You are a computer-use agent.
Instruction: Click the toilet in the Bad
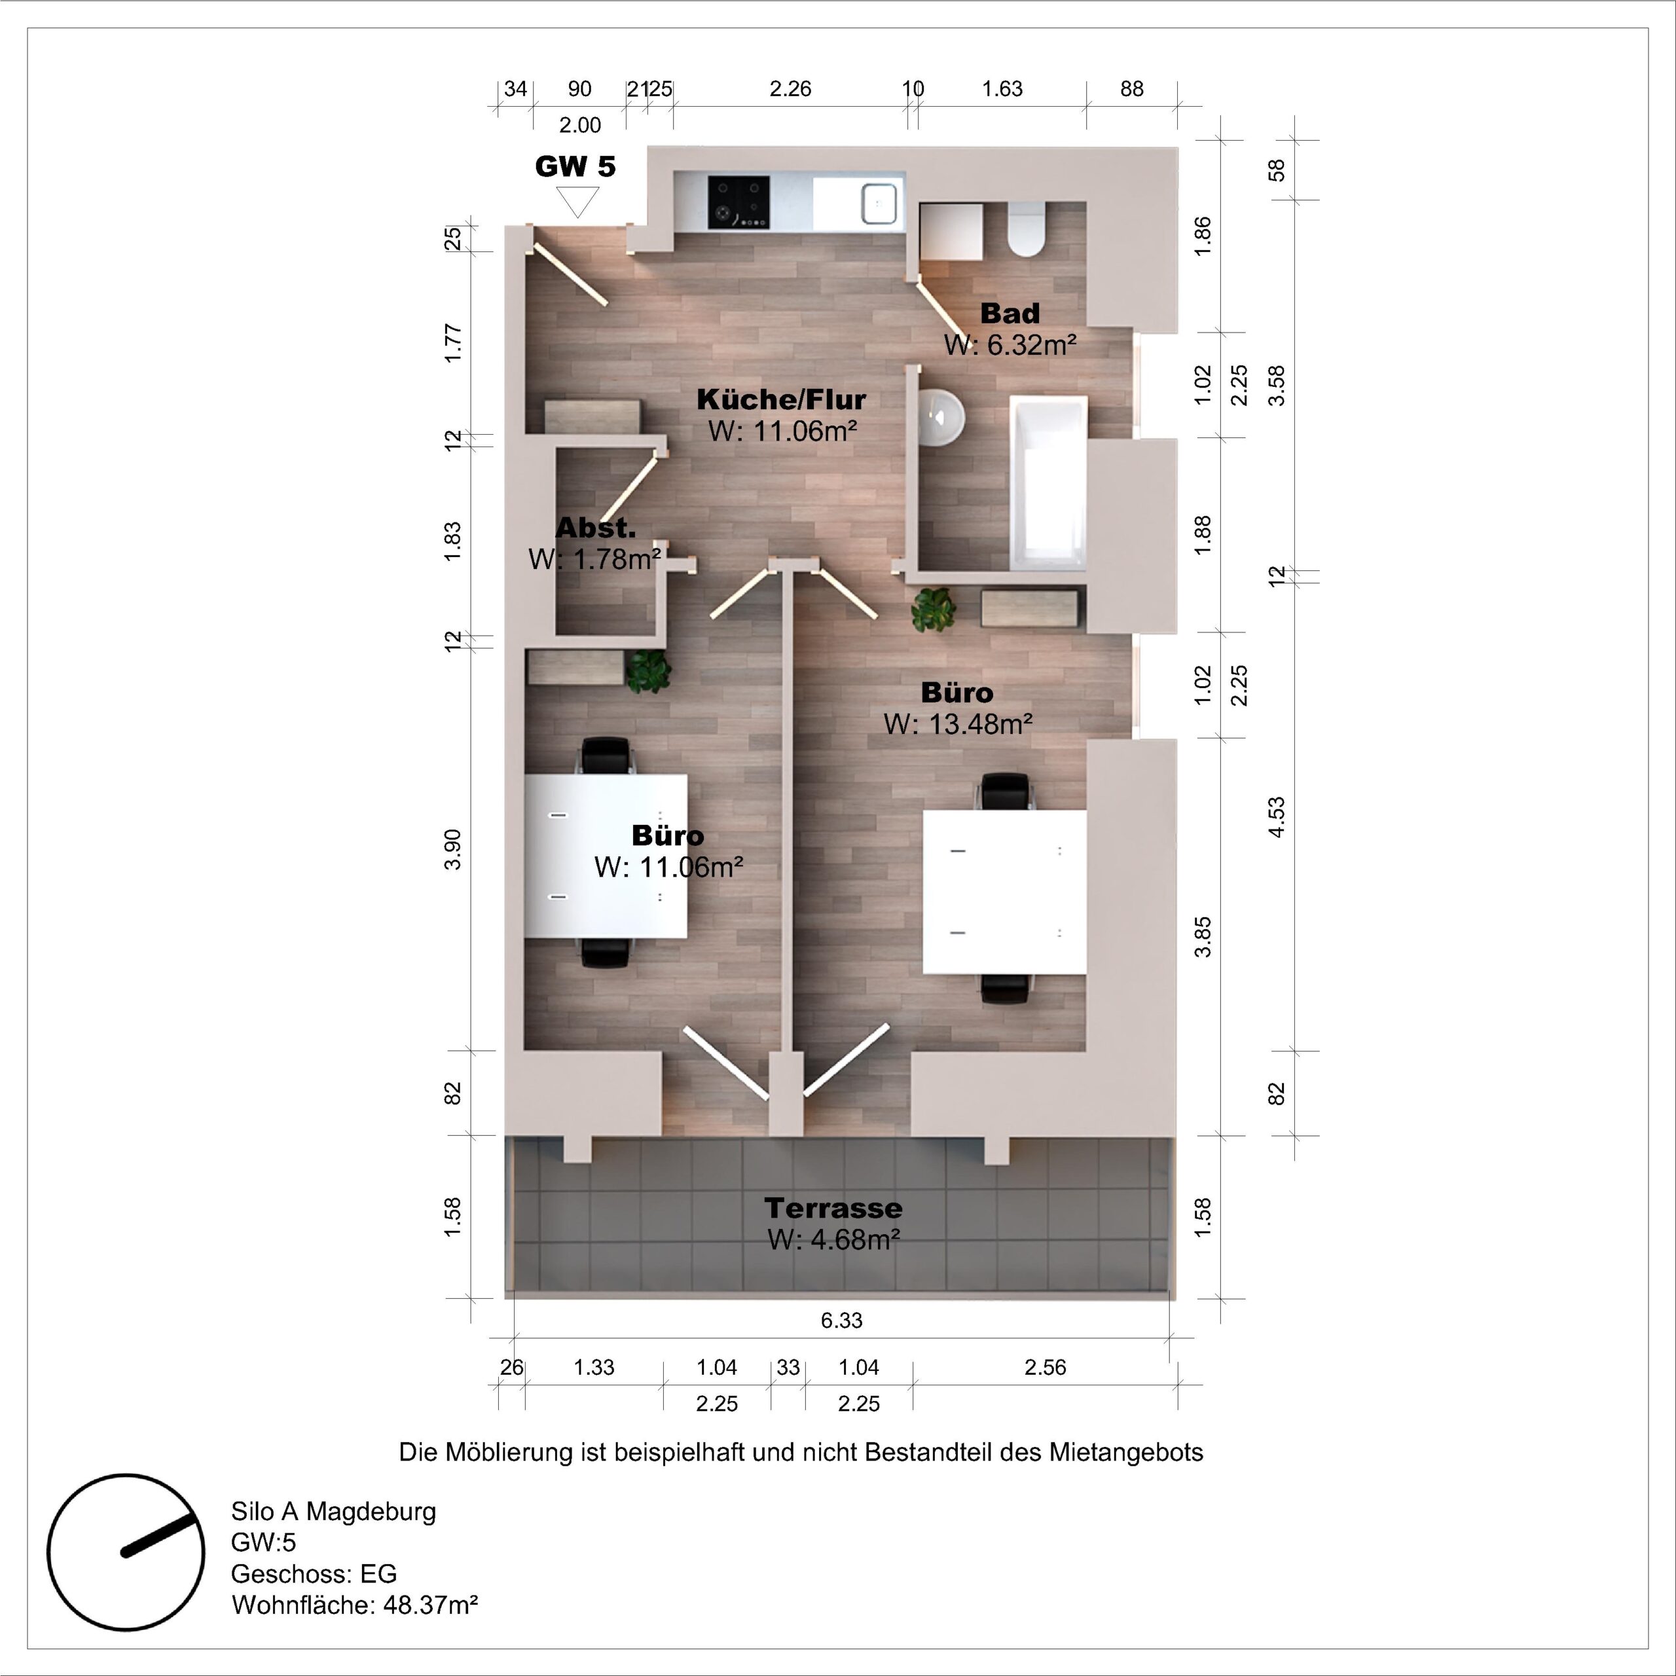[1027, 230]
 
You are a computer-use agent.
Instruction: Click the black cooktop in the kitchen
[738, 202]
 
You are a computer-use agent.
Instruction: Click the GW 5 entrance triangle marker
[577, 203]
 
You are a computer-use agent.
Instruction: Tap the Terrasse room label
[833, 1207]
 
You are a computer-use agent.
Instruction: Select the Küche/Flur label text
[781, 399]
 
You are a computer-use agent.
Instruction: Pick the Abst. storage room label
[595, 528]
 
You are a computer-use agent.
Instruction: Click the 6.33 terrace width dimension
[841, 1321]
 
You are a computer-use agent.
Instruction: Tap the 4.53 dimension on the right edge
[1276, 817]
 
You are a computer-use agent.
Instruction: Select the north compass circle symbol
[126, 1552]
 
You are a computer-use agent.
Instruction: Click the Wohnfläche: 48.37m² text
[354, 1605]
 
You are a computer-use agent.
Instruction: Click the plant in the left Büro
[649, 670]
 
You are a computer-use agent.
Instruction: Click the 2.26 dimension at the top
[790, 88]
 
